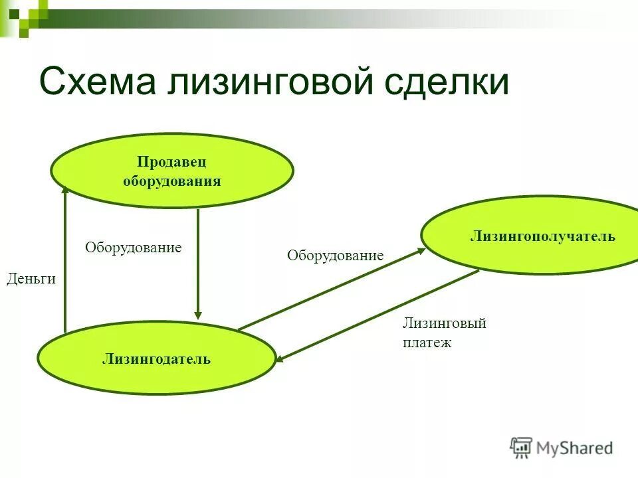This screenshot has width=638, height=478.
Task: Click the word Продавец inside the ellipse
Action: [x=171, y=163]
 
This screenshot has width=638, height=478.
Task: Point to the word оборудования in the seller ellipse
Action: [x=171, y=181]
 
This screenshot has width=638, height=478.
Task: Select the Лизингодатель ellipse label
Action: [x=156, y=359]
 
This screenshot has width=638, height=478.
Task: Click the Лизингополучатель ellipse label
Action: [x=542, y=236]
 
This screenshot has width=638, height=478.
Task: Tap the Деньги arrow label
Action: [x=31, y=279]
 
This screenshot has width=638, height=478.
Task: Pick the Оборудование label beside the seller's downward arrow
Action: [x=133, y=248]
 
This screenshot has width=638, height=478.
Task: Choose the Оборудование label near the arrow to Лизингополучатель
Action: [x=335, y=255]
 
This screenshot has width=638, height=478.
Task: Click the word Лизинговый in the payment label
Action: [x=444, y=323]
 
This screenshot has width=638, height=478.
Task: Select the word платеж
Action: [x=427, y=343]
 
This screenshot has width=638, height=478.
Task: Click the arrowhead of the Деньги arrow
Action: [x=65, y=190]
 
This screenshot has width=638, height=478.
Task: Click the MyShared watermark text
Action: [x=574, y=448]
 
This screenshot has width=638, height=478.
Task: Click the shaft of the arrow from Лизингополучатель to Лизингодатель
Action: [x=379, y=315]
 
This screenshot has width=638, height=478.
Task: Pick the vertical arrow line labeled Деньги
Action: [x=65, y=266]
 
